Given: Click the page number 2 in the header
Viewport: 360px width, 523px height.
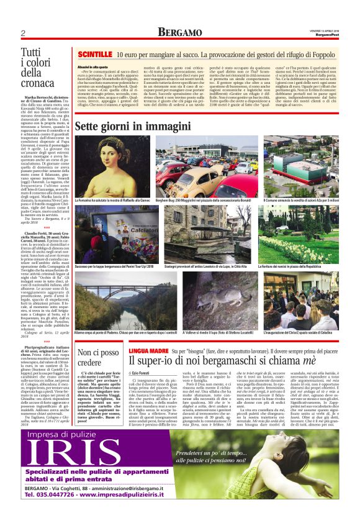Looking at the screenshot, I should (x=23, y=33).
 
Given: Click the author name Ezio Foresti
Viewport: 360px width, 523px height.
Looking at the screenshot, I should (x=143, y=372).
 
